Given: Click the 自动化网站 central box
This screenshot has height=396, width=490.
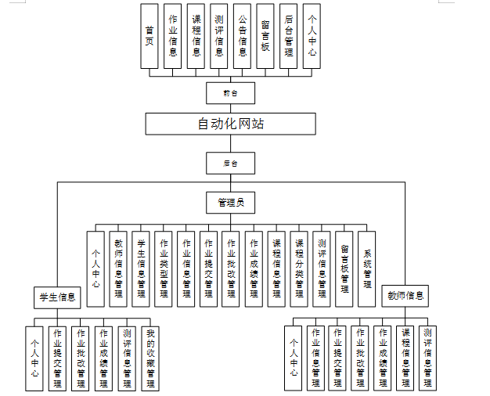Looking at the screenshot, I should click(x=230, y=124).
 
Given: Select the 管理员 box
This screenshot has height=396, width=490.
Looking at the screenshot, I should click(x=230, y=203).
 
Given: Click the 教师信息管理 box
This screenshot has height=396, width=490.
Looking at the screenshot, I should click(x=118, y=268).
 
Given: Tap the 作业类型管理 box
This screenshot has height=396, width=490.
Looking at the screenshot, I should click(x=164, y=268).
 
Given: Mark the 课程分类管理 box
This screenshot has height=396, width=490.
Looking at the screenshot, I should click(x=299, y=268).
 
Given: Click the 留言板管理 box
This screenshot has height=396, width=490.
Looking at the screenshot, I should click(x=344, y=268).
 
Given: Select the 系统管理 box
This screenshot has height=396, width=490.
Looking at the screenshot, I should click(x=367, y=268).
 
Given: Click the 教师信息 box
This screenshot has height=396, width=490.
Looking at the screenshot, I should click(x=405, y=296).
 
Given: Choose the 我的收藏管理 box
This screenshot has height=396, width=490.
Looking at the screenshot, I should click(x=150, y=358).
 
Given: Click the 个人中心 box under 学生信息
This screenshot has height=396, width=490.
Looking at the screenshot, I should click(x=34, y=358).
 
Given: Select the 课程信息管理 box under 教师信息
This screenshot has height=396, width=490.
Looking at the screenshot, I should click(x=405, y=357).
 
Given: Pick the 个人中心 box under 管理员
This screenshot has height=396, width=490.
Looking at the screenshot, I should click(x=95, y=268).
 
